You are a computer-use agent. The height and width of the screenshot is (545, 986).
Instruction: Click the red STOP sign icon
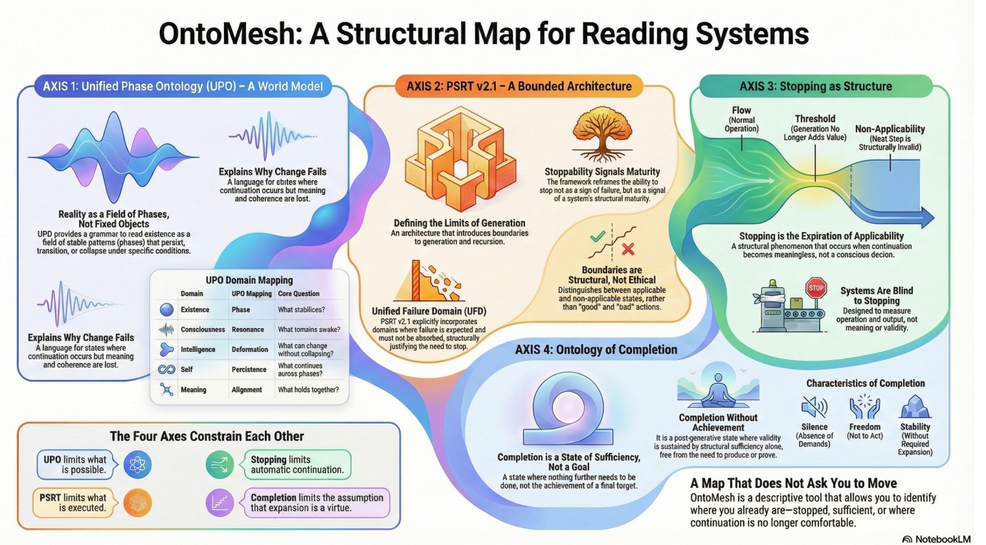(816, 288)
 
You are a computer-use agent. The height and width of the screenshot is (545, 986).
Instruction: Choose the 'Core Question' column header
(298, 294)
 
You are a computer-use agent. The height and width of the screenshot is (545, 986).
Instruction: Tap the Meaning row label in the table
(193, 389)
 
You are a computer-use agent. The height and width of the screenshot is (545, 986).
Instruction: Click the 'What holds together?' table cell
(308, 389)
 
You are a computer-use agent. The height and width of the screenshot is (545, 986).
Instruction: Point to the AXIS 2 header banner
(519, 86)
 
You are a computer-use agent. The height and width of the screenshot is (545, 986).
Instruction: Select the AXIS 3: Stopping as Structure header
(815, 86)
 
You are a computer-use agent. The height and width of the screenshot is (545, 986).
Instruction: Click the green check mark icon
(598, 237)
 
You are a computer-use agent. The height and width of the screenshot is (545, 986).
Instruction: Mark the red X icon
(627, 249)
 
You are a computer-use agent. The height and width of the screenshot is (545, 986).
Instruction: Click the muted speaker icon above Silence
(814, 407)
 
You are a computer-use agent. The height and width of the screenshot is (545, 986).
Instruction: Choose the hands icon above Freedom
(864, 407)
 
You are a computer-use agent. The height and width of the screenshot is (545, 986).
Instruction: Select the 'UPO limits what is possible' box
(75, 464)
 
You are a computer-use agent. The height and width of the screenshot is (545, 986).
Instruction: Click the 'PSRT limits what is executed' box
(73, 502)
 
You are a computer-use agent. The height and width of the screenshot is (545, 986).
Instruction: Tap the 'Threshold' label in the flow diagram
(814, 119)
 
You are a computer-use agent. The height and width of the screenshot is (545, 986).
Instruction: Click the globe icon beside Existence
(166, 310)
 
